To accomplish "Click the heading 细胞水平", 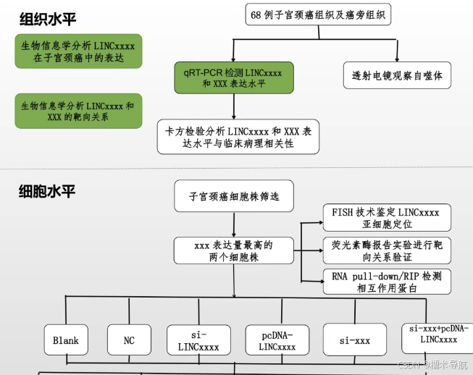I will click(48, 192).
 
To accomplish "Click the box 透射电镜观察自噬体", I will click(397, 75).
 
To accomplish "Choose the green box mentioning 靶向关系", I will click(78, 111).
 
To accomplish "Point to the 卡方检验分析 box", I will click(238, 137).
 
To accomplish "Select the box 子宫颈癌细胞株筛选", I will click(233, 196).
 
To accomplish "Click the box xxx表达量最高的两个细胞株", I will click(233, 250).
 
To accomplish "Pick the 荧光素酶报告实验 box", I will click(386, 250).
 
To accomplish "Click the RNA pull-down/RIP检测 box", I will click(386, 282).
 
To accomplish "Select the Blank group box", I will click(65, 340).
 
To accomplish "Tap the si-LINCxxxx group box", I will click(198, 340).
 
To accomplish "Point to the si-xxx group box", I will click(355, 340).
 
